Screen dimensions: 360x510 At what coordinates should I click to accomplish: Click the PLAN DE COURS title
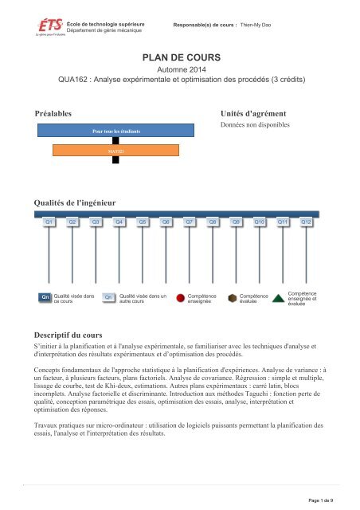pyautogui.click(x=180, y=58)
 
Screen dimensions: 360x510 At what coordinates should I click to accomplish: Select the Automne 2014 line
pyautogui.click(x=180, y=70)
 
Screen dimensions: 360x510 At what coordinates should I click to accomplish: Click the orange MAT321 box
pyautogui.click(x=115, y=150)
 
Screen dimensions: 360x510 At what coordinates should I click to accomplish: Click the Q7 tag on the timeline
pyautogui.click(x=189, y=222)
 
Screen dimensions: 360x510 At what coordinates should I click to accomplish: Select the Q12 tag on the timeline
pyautogui.click(x=305, y=222)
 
